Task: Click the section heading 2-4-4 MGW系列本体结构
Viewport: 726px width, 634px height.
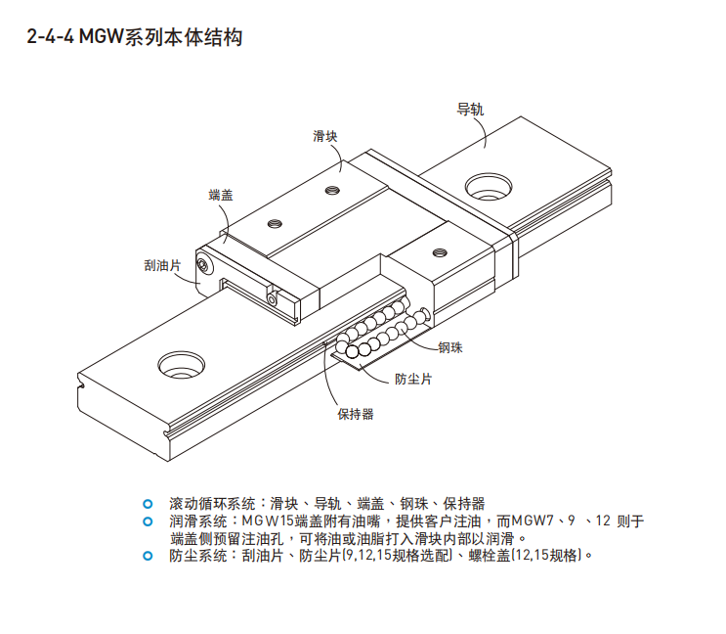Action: coord(134,38)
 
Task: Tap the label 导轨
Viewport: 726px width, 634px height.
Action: coord(470,109)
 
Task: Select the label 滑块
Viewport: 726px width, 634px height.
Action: coord(325,136)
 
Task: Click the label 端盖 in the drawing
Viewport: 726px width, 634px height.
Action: coord(221,195)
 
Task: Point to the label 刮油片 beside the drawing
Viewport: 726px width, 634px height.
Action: coord(161,264)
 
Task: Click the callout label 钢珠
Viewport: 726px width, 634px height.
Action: coord(450,345)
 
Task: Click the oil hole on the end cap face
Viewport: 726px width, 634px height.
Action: coord(203,263)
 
